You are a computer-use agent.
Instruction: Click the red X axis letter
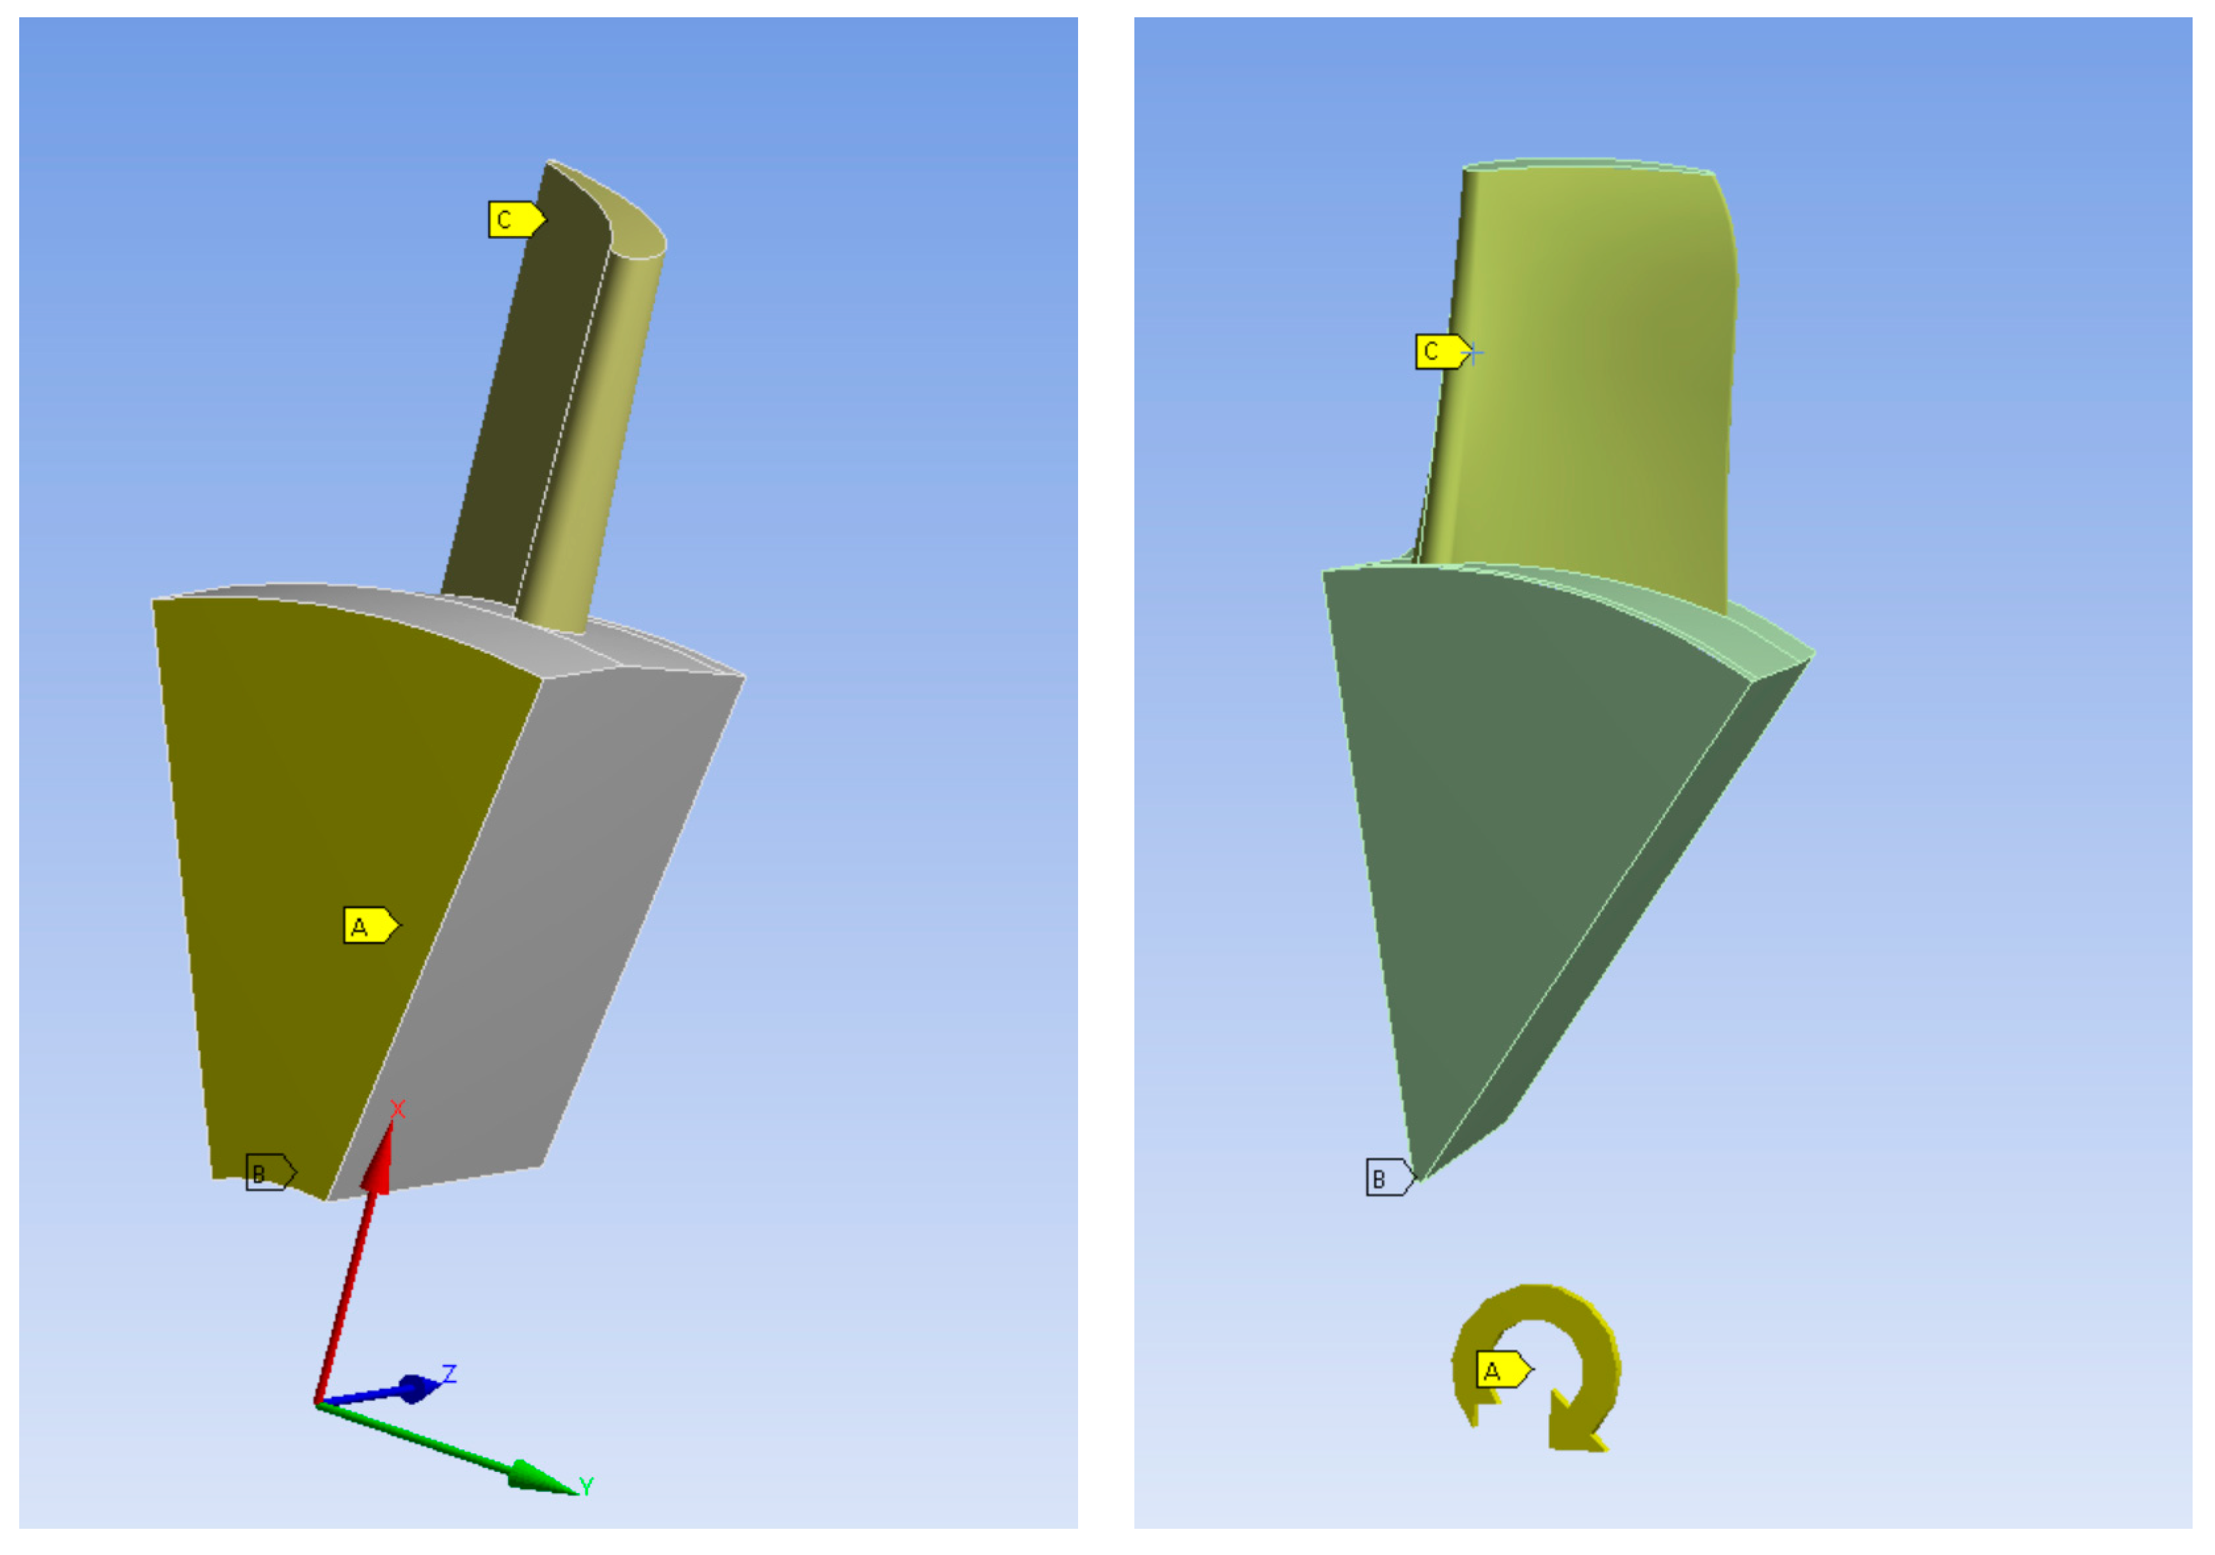397,1109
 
